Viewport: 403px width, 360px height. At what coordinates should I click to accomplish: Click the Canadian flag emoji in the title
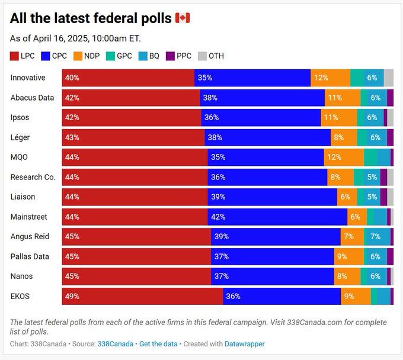183,18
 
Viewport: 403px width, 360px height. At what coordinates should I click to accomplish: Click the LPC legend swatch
15,56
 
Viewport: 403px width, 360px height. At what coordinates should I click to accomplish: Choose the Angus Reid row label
30,236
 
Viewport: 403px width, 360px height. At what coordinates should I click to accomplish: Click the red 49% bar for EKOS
142,296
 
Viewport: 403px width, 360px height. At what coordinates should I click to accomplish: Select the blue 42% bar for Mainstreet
277,217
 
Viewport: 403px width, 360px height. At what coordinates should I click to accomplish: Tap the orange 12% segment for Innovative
330,78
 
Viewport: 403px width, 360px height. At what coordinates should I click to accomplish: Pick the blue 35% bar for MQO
266,157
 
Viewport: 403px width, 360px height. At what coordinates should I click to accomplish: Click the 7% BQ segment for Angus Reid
377,236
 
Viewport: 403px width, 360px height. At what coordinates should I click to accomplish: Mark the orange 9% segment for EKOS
356,296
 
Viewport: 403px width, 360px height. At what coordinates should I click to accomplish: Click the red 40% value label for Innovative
72,78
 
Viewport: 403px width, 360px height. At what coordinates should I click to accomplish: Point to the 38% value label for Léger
215,137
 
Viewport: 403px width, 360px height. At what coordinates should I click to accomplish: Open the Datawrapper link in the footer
244,343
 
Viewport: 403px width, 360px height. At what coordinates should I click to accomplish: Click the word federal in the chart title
111,18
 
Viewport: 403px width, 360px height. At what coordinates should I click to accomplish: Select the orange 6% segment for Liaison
347,197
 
